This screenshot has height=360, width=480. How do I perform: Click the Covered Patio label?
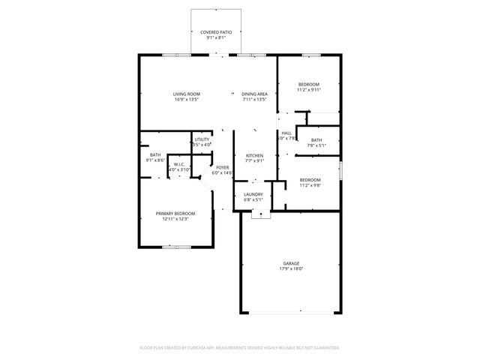click(x=216, y=32)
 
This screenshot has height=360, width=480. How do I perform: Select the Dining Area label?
click(x=255, y=94)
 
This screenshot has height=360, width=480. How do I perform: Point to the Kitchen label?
click(x=255, y=155)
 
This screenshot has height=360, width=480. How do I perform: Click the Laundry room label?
click(x=253, y=194)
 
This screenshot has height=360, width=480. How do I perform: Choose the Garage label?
click(x=292, y=263)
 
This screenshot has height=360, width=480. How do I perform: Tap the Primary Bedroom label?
click(x=172, y=214)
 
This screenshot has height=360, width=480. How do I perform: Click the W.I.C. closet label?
click(x=180, y=164)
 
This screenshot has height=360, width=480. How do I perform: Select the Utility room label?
click(x=202, y=139)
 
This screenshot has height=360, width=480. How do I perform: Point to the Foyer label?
click(x=223, y=167)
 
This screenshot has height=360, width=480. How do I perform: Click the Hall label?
click(x=286, y=133)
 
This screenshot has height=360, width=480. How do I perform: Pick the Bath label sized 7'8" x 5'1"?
click(x=316, y=140)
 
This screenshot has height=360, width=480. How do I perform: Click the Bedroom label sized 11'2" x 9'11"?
click(x=309, y=84)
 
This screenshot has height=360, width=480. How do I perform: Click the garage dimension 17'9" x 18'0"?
click(x=292, y=268)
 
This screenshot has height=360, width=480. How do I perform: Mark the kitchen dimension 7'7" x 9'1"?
click(x=255, y=160)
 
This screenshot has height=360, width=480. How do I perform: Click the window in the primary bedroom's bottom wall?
click(x=175, y=247)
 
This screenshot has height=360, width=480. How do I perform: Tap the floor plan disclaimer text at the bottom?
click(x=240, y=348)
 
